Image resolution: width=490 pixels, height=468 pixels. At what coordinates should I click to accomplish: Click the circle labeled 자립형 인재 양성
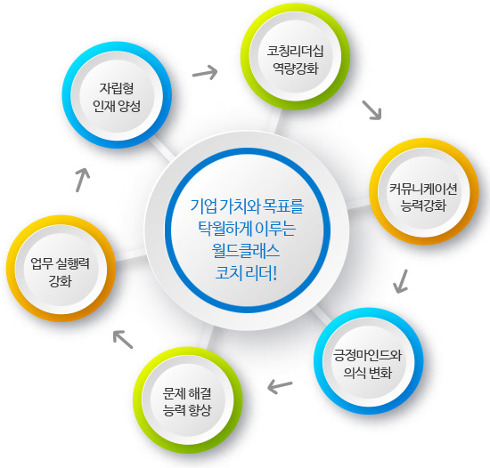(117, 95)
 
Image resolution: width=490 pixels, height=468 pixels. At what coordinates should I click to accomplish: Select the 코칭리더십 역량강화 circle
(295, 56)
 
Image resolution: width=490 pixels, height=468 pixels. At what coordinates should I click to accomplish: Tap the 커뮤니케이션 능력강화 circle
(424, 191)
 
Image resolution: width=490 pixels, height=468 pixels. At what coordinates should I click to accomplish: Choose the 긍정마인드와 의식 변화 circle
(369, 361)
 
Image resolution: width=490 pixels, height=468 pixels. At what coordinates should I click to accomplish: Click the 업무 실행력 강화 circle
(61, 269)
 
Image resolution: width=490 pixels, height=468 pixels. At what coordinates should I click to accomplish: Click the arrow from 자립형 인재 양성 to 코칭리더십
(205, 73)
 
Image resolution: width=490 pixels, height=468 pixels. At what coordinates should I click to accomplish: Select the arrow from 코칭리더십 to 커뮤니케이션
(372, 110)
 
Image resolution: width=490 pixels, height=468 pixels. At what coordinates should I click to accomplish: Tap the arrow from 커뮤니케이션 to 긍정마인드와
(401, 281)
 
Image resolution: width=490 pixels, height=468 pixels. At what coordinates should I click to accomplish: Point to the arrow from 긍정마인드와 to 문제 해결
(280, 386)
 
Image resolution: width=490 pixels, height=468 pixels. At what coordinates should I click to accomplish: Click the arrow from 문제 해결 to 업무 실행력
(123, 340)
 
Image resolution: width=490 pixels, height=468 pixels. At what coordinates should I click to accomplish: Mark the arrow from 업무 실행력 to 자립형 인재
(83, 180)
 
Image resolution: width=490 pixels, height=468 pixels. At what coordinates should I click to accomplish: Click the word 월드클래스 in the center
(246, 251)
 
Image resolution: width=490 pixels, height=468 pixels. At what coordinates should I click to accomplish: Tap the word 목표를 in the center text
(283, 206)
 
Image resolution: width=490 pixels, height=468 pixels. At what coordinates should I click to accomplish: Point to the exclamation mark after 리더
(275, 273)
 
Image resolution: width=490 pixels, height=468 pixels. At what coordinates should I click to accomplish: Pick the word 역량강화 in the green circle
(296, 68)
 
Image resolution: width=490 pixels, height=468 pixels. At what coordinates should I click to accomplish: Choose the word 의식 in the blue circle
(355, 373)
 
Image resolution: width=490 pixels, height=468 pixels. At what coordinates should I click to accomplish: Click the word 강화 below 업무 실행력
(61, 280)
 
